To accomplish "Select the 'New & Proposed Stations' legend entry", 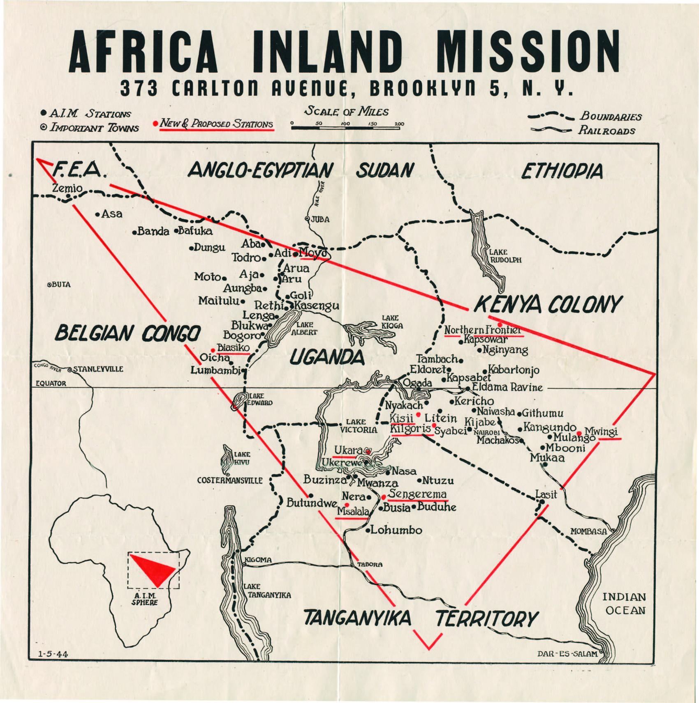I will [x=216, y=123].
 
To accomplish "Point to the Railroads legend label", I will [x=607, y=131].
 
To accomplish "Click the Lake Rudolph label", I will [x=505, y=256].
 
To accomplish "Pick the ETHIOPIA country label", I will [x=562, y=171].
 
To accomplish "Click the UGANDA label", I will [x=327, y=357].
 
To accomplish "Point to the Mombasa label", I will [x=588, y=531].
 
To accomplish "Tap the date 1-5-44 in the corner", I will [x=53, y=655].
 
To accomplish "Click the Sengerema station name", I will [x=417, y=494].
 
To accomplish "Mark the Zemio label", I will [x=67, y=188].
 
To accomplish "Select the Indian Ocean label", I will [x=624, y=603].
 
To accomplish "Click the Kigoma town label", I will [x=258, y=560].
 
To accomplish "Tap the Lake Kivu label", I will [x=242, y=458].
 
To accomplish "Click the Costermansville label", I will [x=230, y=480].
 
